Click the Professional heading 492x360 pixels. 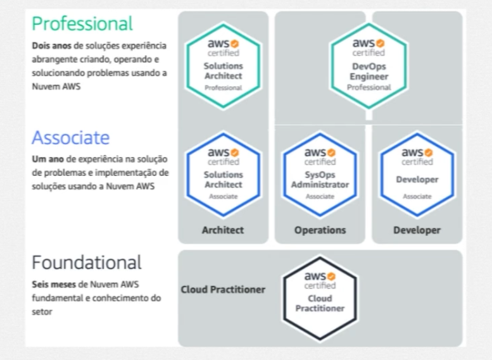[82, 24]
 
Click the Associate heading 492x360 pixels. [70, 138]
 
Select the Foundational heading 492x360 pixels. [87, 263]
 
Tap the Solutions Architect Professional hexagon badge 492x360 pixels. [223, 66]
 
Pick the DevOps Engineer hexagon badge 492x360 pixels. [369, 66]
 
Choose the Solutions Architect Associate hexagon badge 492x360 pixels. [223, 175]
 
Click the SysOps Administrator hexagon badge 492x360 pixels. [320, 175]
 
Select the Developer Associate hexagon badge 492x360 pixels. [417, 175]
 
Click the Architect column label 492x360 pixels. [223, 230]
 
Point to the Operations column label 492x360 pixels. [320, 230]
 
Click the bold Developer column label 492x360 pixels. [417, 230]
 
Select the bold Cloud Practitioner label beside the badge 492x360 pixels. [223, 290]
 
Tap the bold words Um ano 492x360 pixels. [47, 159]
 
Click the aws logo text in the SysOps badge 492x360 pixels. [315, 152]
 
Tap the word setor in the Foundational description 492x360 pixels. [42, 312]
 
